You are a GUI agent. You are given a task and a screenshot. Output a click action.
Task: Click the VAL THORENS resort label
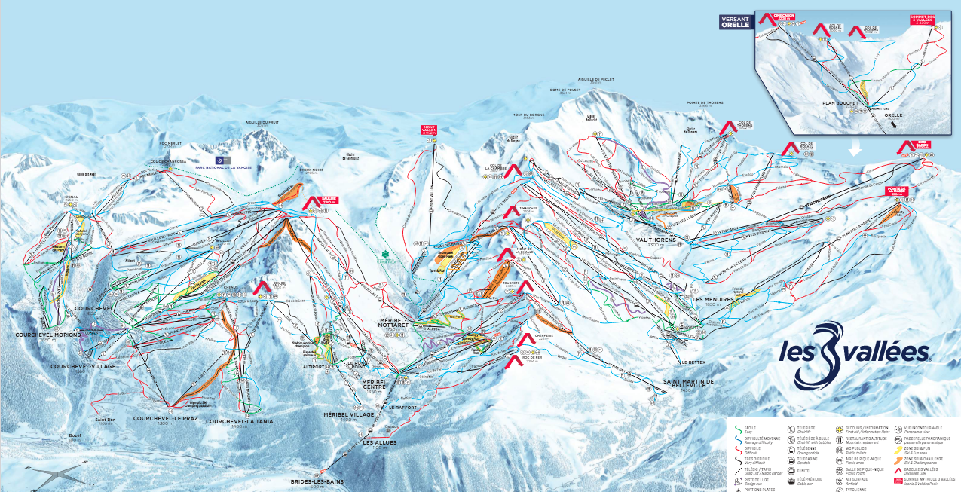pos(653,240)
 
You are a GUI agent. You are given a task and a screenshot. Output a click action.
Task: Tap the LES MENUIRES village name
pos(712,298)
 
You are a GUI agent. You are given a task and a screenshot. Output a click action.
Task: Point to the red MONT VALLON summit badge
pos(430,129)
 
